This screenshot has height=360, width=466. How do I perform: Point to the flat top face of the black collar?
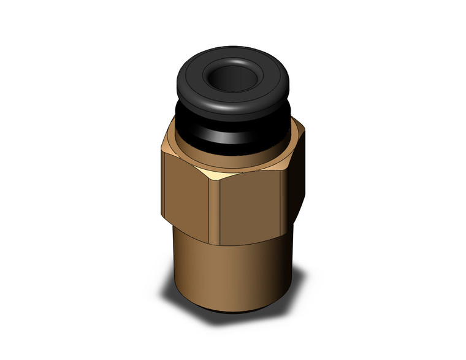tap(195, 74)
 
